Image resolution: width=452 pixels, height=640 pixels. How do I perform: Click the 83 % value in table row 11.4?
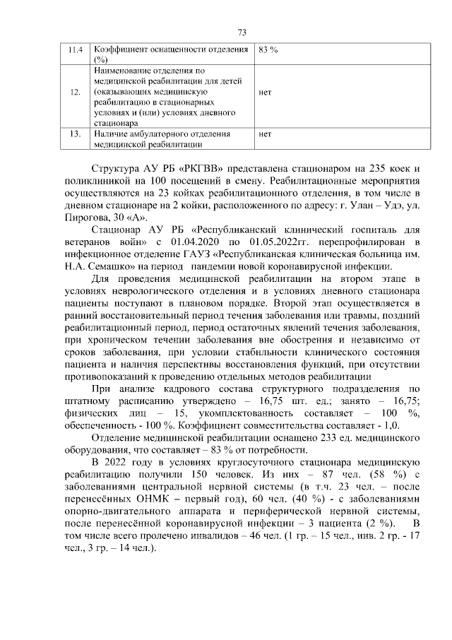[268, 51]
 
